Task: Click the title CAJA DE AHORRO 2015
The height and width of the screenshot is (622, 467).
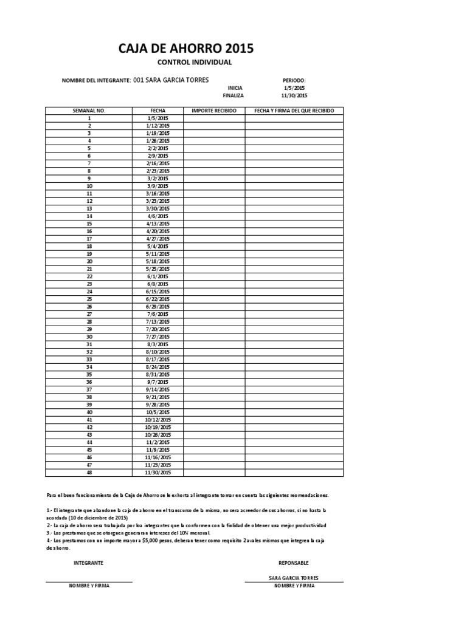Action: [x=186, y=49]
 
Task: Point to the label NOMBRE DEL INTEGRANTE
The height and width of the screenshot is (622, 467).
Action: [x=96, y=81]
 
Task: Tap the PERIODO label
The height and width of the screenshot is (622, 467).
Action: [x=294, y=80]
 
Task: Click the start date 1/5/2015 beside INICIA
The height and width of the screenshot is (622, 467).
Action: [x=294, y=88]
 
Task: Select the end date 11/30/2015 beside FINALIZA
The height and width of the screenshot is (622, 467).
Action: [x=294, y=96]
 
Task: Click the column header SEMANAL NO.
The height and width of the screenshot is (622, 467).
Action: [x=89, y=111]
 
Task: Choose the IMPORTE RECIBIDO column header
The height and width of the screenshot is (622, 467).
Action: [x=214, y=111]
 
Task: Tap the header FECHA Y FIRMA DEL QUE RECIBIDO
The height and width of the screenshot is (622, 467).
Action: [x=294, y=111]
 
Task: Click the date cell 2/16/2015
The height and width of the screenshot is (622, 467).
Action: [x=158, y=163]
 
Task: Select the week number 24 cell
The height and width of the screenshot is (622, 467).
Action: [x=89, y=292]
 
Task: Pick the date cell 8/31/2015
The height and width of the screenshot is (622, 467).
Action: [x=158, y=375]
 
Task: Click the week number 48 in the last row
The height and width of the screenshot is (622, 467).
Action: [x=89, y=473]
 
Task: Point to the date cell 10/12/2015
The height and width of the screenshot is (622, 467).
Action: [x=158, y=420]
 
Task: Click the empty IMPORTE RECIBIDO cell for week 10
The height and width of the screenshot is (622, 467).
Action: [x=214, y=186]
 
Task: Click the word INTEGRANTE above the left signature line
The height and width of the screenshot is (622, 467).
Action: [x=89, y=563]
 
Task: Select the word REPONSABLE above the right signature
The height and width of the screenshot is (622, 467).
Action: [x=294, y=563]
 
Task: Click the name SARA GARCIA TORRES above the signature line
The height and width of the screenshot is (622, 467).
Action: [x=294, y=578]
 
